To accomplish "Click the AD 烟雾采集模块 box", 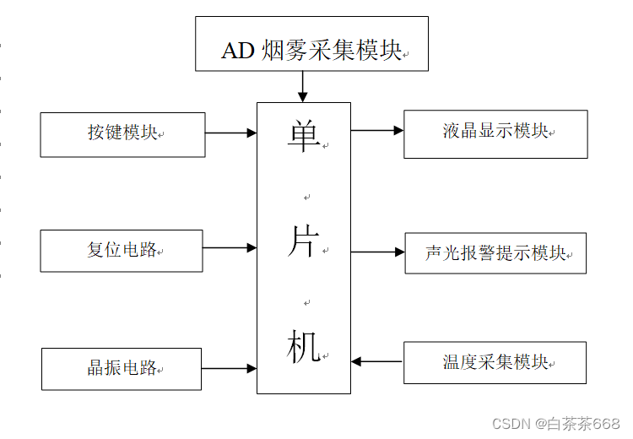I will tap(311, 43).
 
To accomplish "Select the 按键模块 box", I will tap(122, 134).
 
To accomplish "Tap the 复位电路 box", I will tap(122, 251).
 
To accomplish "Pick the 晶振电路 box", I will tap(122, 369).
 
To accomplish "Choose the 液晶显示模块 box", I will tap(495, 133).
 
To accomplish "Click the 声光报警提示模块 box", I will tap(495, 253).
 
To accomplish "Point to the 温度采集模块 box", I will tap(495, 363).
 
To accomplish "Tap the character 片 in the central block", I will tap(304, 241).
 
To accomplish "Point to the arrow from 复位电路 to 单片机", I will tap(230, 247).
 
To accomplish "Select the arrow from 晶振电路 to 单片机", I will tap(230, 368).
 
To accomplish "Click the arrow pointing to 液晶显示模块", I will tap(377, 130).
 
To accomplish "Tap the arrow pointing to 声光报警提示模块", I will tap(378, 252).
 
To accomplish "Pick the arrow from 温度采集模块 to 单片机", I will tap(377, 361).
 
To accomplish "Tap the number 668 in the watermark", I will tap(606, 423).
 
